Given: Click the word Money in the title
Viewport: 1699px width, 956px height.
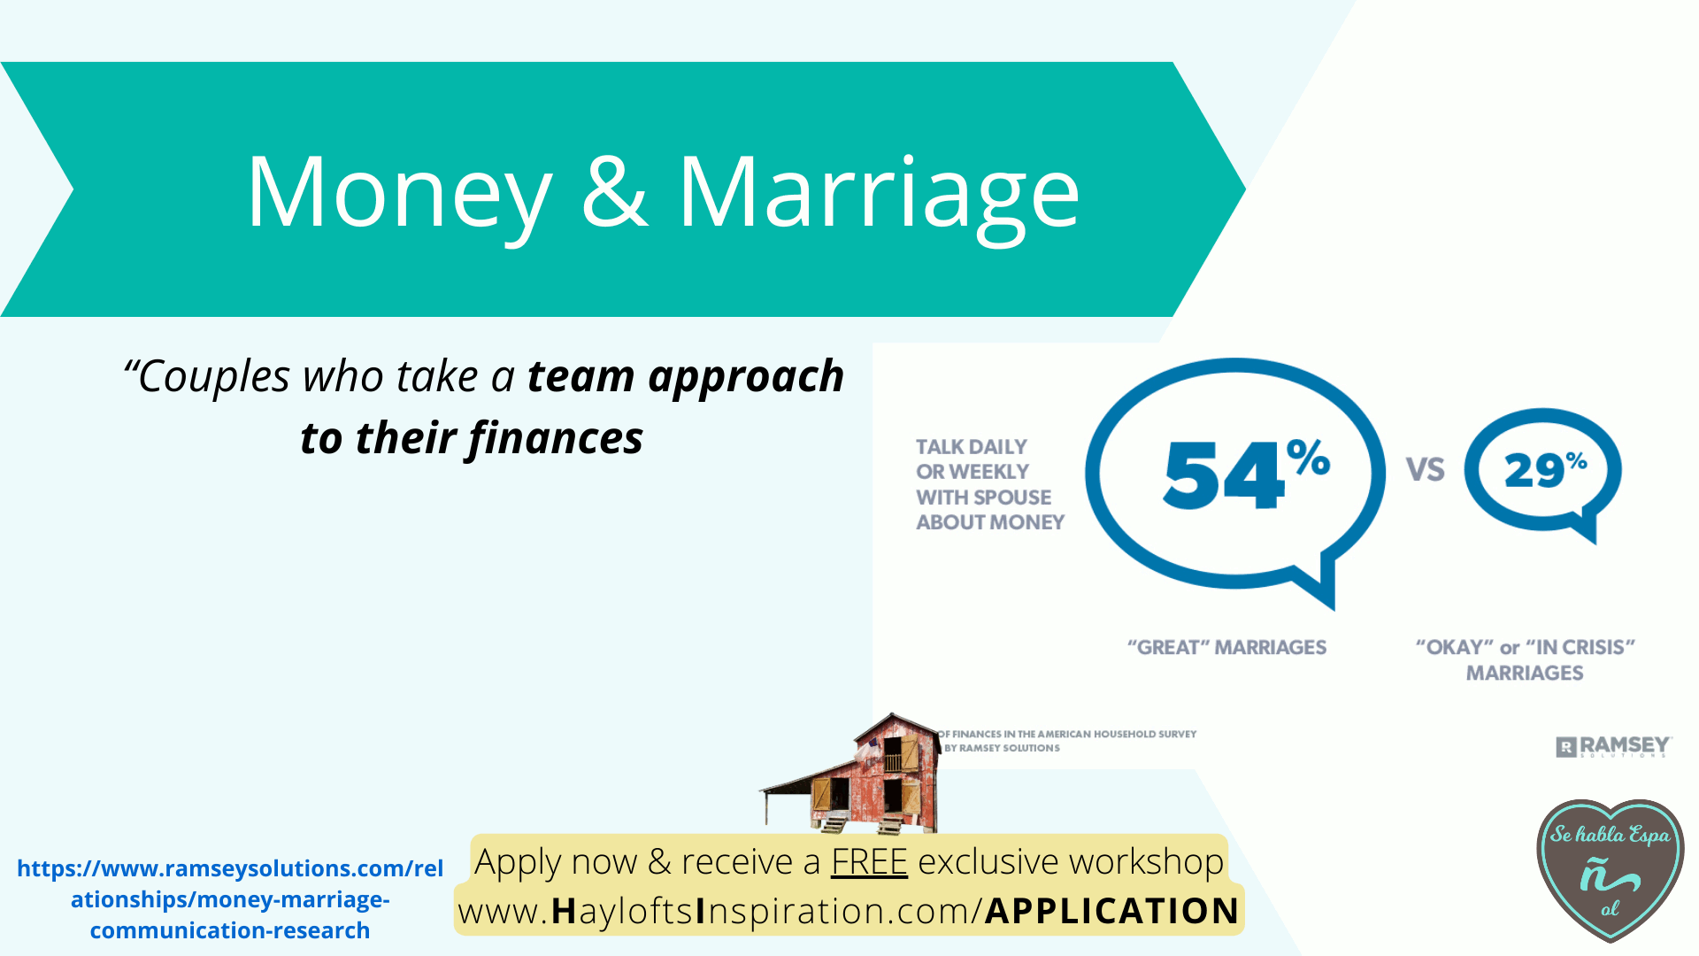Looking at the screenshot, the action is coord(399,194).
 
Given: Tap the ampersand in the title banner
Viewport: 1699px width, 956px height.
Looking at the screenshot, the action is coord(614,189).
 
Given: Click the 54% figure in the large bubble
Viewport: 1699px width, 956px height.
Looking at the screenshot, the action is coord(1246,474).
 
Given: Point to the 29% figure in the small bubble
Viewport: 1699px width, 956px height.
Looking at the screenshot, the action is coord(1545,469).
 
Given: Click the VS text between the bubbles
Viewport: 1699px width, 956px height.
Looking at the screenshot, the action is coord(1425,469).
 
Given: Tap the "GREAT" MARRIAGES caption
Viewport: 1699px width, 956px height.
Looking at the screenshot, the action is coord(1226,647).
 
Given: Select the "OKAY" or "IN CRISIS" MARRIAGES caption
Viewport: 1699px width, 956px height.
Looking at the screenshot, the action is coord(1525,659).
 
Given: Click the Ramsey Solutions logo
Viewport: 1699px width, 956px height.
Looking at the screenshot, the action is coord(1613,747).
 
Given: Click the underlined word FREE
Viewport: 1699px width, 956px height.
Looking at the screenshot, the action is coord(869,861).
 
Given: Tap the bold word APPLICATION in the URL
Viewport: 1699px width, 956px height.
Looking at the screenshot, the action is coord(1111,911).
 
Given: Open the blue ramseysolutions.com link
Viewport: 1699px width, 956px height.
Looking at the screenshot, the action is coord(230,898).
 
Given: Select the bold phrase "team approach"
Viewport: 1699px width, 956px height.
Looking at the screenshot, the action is coord(686,377).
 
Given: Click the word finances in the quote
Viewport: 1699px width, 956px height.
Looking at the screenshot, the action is coord(556,437).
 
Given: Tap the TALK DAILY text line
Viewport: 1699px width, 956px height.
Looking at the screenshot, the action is coord(972,447).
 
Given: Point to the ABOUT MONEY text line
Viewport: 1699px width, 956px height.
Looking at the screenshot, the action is coord(990,522).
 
